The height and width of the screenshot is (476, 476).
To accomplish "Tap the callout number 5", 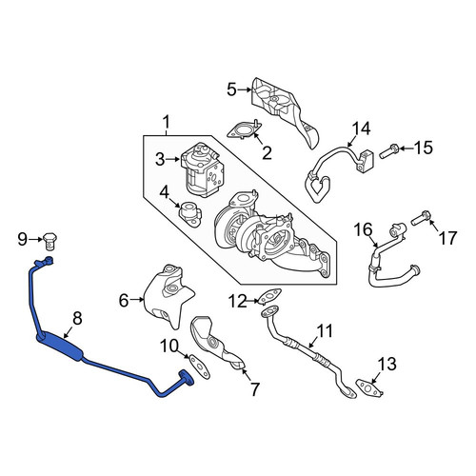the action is coord(231,90).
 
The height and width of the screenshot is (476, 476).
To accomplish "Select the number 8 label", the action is coord(77,318).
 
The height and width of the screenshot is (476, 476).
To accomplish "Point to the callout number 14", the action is coord(362,129).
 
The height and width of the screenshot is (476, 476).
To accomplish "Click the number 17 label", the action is coord(447,238).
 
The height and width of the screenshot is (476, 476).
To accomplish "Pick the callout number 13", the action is coord(387,364).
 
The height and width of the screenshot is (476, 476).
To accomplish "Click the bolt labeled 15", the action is coord(389,151).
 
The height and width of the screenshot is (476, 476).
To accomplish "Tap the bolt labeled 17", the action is coord(421,219).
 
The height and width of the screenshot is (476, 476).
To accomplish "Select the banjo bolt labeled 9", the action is coord(50,241).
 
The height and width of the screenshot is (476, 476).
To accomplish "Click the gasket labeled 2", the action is coord(245,130).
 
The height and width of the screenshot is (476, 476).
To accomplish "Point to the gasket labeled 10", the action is coord(200,367).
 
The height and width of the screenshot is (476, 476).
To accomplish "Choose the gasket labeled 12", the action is coord(269,296).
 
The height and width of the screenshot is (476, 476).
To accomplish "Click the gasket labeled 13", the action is coord(368,388).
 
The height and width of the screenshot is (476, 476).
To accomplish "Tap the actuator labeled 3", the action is coord(203,169).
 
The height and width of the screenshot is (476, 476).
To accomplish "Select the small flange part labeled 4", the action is coord(190,213).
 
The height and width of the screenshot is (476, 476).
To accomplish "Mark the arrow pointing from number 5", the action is coord(244,90).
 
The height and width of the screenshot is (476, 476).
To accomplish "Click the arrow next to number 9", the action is coord(35,240).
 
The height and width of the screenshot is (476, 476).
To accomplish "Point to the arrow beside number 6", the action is coord(137,299).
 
